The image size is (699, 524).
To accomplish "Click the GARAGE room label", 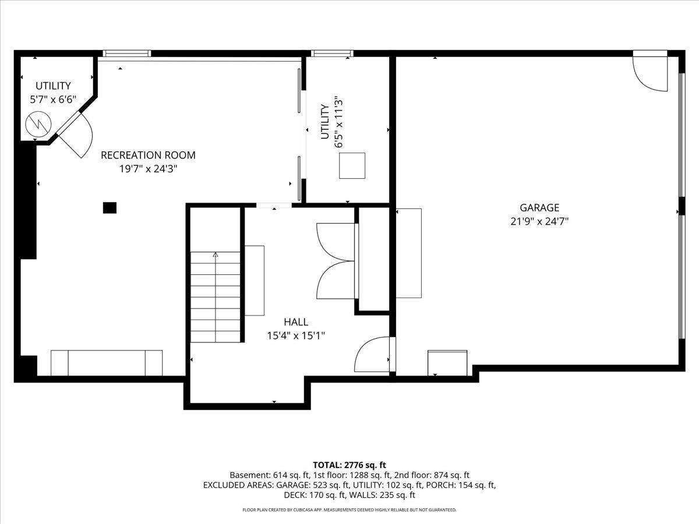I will (x=539, y=207).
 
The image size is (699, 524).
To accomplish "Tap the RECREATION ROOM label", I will (x=148, y=155).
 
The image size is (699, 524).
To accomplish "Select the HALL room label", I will (x=296, y=322).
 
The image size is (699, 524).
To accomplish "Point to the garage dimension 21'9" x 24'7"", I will (x=539, y=221).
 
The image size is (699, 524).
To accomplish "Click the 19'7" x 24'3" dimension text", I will (x=148, y=169).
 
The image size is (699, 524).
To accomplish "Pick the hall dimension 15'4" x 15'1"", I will (x=296, y=335).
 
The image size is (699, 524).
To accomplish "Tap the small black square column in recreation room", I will (x=110, y=207).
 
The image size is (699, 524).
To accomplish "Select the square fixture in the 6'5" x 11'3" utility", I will (x=352, y=165).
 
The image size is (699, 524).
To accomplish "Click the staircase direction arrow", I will (x=216, y=254).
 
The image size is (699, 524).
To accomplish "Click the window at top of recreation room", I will (x=127, y=54).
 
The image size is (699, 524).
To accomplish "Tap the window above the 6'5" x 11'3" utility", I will (x=332, y=54).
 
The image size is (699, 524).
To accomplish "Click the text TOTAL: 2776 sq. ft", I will (x=349, y=465).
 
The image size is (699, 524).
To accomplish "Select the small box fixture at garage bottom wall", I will (x=447, y=363).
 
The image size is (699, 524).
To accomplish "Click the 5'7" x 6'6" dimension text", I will (x=53, y=100).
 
